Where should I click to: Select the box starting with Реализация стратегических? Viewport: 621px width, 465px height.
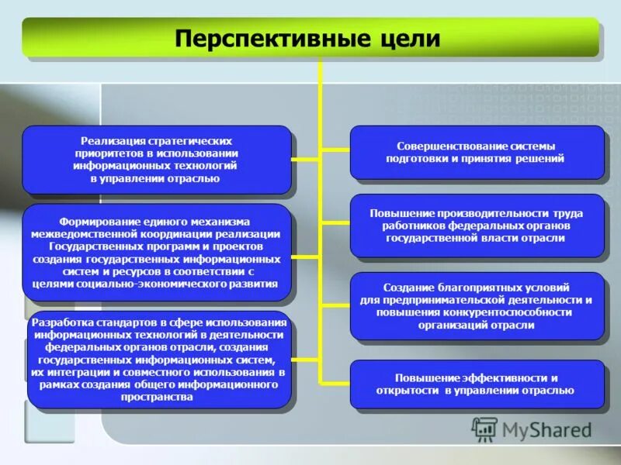click(156, 160)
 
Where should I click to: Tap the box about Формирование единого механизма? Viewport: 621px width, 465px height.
click(156, 252)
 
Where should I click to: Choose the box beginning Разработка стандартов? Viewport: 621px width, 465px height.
click(157, 360)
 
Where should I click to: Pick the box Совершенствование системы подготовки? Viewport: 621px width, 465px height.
click(476, 152)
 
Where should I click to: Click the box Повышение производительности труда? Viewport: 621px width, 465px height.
click(476, 226)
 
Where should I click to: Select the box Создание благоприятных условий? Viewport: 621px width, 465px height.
click(476, 306)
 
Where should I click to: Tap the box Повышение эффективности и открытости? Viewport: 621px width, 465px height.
click(476, 384)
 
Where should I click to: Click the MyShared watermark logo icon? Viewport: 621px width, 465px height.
click(485, 428)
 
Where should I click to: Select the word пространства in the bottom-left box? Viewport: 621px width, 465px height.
click(157, 398)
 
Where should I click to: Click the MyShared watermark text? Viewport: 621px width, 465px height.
click(546, 429)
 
